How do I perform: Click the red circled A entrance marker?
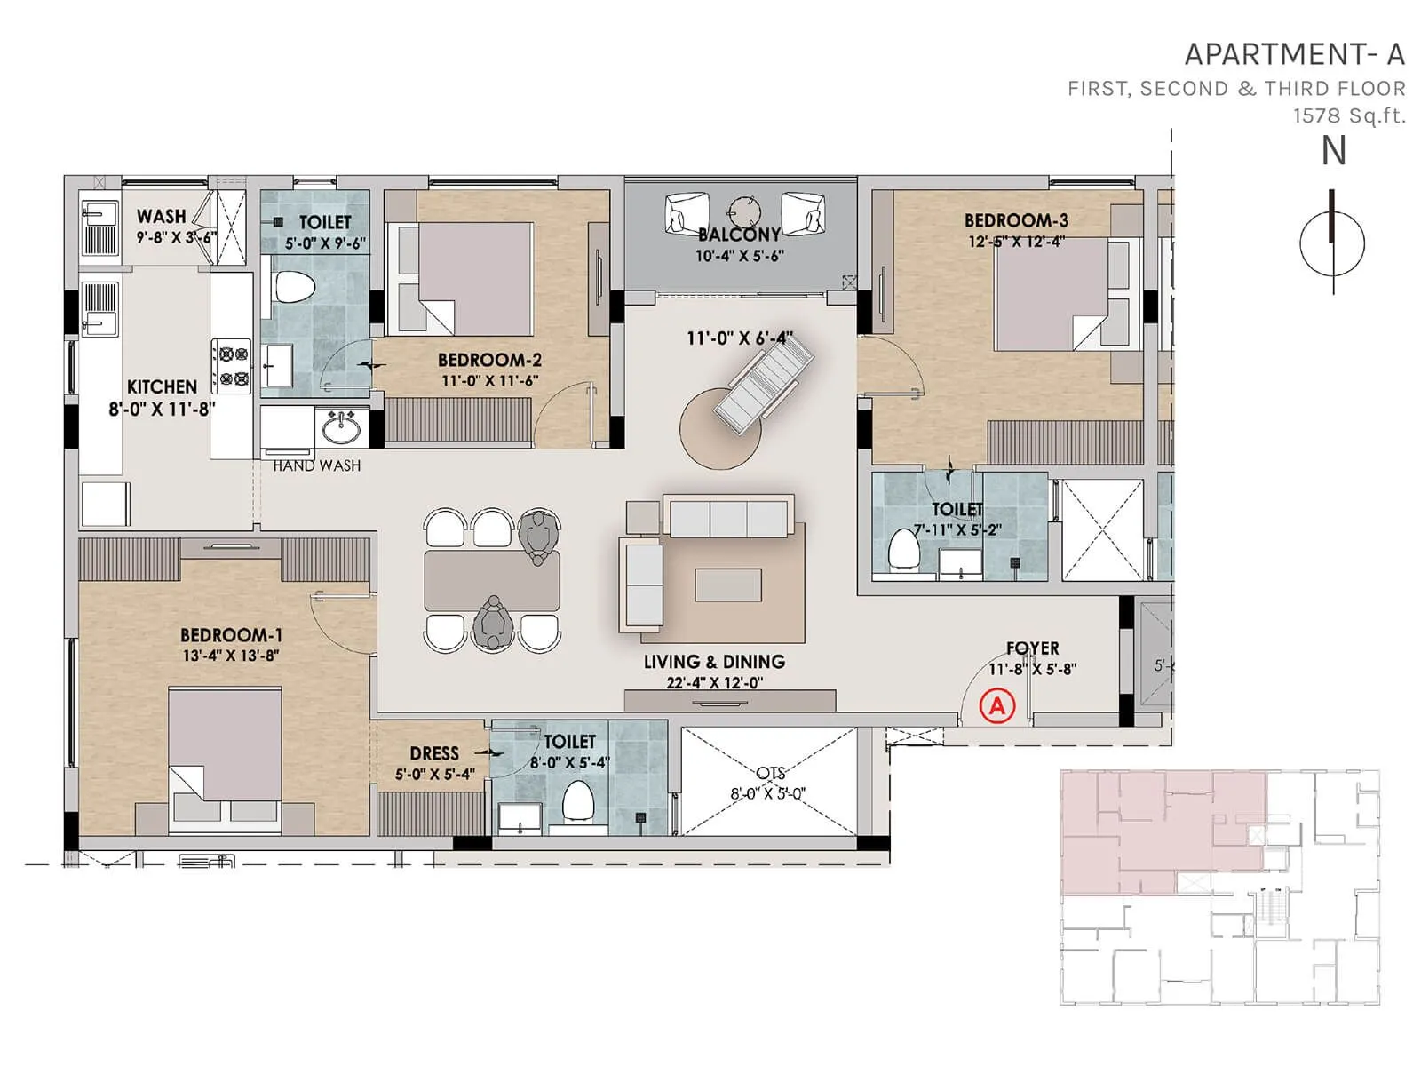[996, 706]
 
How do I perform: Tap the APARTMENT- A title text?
[1294, 55]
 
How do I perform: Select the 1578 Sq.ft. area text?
[1349, 115]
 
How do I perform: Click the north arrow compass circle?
[1331, 243]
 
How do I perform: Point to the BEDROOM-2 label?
[489, 360]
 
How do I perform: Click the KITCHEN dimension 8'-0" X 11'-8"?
[162, 409]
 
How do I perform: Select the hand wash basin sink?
[340, 429]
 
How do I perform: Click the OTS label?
[770, 773]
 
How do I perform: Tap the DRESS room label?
[434, 753]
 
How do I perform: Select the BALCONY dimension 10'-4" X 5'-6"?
[739, 256]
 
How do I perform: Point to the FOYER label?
[1032, 648]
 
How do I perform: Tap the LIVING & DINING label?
[714, 662]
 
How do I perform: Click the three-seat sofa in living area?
[728, 517]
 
